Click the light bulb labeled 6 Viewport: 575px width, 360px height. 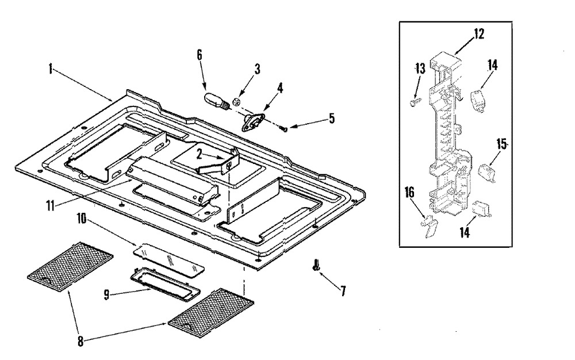[217, 101]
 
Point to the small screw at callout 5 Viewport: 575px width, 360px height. [284, 128]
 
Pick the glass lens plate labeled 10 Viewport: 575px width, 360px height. [169, 260]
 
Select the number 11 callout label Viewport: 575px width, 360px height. [50, 206]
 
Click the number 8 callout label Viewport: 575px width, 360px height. [80, 342]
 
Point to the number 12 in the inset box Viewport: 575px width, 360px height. [478, 34]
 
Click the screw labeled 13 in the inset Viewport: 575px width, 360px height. [413, 102]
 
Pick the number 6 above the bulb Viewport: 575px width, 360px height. [199, 55]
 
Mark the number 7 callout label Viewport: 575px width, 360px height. [343, 292]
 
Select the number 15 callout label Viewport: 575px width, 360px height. [501, 144]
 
